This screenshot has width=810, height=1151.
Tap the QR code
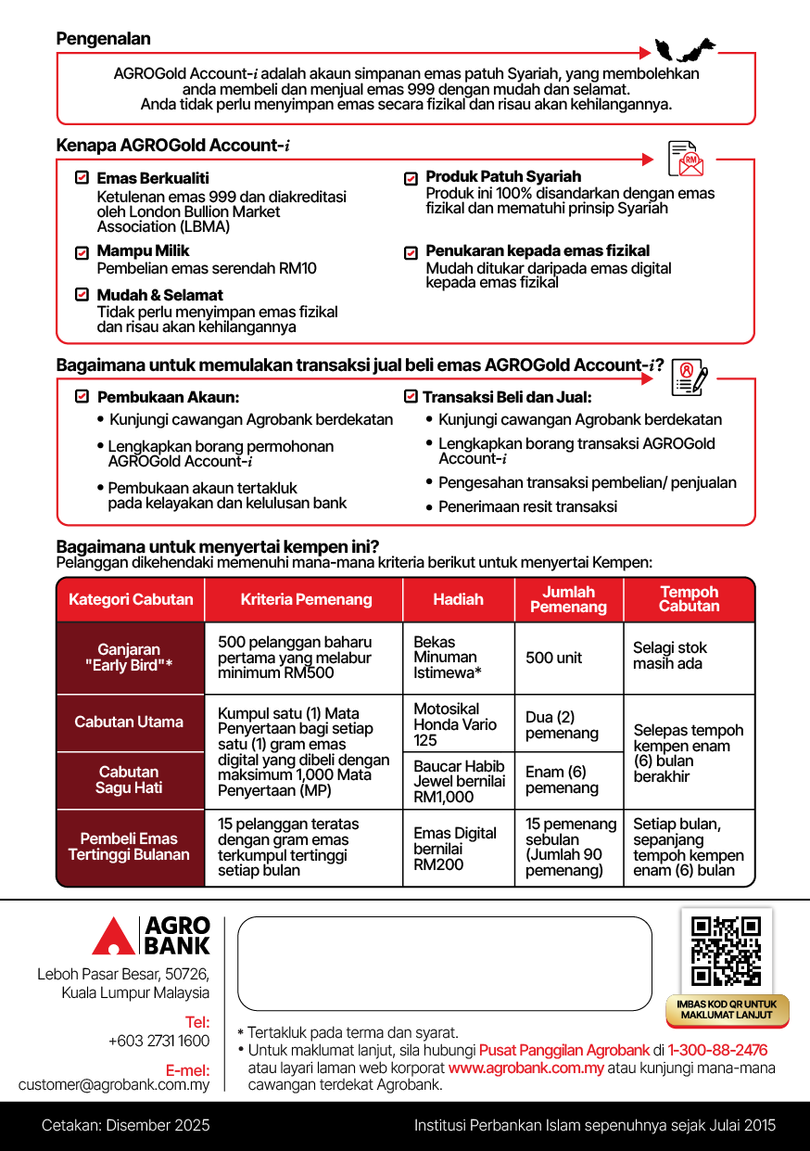pos(727,951)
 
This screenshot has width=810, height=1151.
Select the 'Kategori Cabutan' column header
pos(131,599)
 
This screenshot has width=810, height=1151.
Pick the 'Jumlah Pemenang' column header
pos(568,599)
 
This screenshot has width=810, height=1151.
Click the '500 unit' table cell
pos(554,658)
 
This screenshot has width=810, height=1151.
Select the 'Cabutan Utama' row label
pos(129,722)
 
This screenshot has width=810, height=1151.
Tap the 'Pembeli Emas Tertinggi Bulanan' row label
pos(129,847)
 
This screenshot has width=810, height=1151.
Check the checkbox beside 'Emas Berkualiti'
pos(82,177)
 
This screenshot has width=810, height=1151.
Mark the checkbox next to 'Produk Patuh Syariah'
pos(411,178)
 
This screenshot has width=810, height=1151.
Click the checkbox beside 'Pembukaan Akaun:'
pos(82,397)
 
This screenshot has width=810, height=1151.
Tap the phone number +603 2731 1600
pos(158,1041)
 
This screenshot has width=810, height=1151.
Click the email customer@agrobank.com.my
pos(114,1084)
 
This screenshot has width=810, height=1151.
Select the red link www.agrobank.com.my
pos(525,1068)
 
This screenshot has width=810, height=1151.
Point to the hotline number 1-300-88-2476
pos(717,1050)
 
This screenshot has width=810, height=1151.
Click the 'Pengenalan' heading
pos(103,39)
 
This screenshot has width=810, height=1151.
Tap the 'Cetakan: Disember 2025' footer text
pos(126,1126)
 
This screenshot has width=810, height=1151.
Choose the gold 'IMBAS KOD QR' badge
pos(728,1010)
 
